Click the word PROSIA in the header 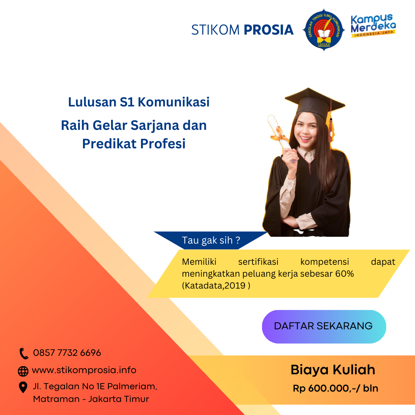(269, 30)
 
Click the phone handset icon (24, 353)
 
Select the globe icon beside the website (23, 371)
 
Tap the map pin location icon (23, 387)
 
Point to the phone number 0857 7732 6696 (67, 353)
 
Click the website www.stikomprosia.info (84, 370)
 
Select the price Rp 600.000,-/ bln (335, 388)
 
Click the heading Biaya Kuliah (333, 370)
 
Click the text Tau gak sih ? (211, 241)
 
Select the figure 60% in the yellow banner (345, 274)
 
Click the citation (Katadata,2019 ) (216, 286)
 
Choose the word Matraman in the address (55, 399)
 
